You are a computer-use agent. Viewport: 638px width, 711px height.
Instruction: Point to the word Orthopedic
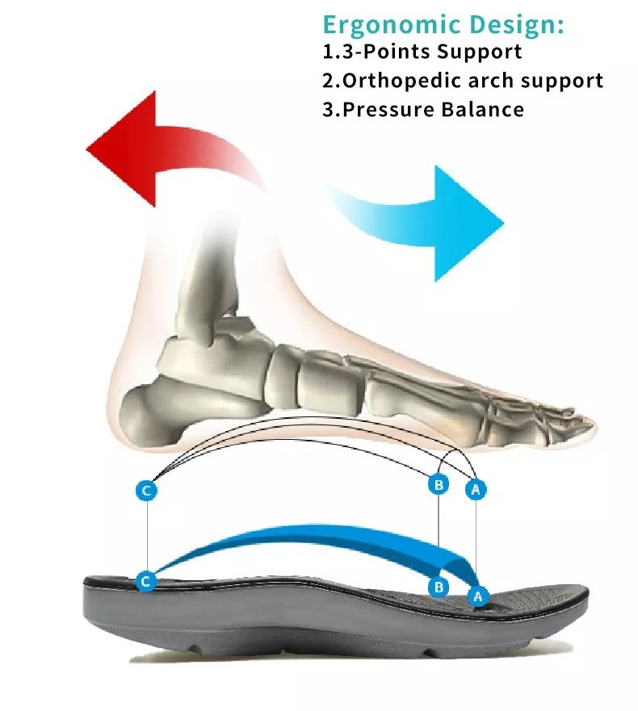[x=401, y=80]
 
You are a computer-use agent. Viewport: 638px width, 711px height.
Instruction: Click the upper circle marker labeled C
[x=146, y=490]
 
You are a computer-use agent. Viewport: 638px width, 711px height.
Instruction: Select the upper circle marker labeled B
[x=439, y=485]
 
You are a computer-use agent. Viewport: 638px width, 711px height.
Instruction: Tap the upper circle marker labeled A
[x=476, y=489]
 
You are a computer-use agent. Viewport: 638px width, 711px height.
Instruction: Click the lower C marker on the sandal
[x=146, y=581]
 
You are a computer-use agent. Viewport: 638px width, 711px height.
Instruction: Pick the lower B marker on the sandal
[x=439, y=588]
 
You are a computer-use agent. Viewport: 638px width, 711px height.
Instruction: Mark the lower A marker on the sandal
[x=478, y=596]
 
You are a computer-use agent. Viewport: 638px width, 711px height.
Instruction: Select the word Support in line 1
[x=479, y=52]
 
